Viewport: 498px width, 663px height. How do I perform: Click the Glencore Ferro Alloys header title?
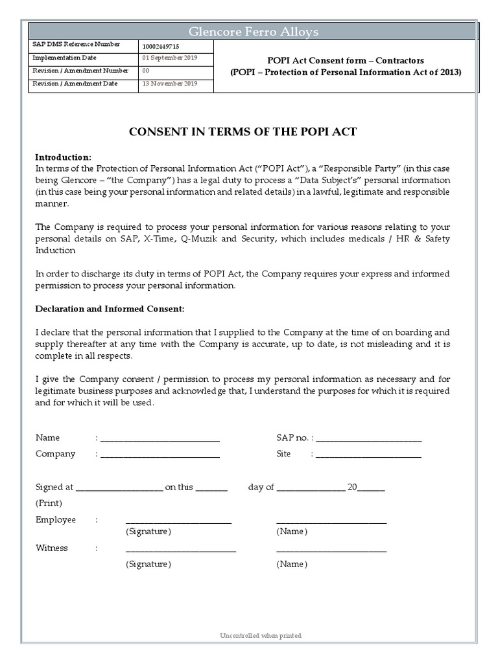(253, 32)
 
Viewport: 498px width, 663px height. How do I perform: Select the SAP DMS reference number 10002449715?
(161, 47)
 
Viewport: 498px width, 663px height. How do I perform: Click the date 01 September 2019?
(170, 58)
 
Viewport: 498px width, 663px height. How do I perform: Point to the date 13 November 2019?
(170, 84)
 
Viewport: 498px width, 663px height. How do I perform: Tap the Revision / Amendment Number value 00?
(146, 71)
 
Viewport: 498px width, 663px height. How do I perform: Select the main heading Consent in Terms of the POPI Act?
(243, 132)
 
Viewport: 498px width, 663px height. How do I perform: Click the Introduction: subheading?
(64, 157)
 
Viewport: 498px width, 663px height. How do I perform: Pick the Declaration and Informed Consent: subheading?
(110, 309)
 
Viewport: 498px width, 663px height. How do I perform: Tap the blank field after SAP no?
(368, 439)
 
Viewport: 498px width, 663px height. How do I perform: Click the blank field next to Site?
(368, 455)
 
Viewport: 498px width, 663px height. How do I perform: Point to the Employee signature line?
(178, 521)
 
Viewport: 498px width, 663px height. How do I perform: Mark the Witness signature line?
(180, 549)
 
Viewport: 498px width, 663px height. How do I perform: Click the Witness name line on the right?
(331, 549)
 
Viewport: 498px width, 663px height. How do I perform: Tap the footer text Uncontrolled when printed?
(261, 636)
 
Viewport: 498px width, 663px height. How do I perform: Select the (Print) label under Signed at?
(49, 503)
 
